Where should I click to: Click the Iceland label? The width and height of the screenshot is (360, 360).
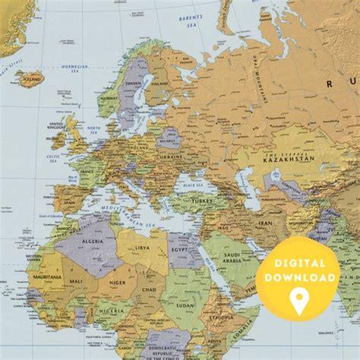[32, 78]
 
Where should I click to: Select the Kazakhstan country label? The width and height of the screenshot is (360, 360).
[288, 159]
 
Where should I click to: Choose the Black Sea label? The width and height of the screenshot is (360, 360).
[194, 185]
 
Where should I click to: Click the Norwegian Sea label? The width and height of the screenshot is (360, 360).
[74, 67]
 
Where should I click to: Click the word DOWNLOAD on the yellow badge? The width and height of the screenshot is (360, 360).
[298, 279]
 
